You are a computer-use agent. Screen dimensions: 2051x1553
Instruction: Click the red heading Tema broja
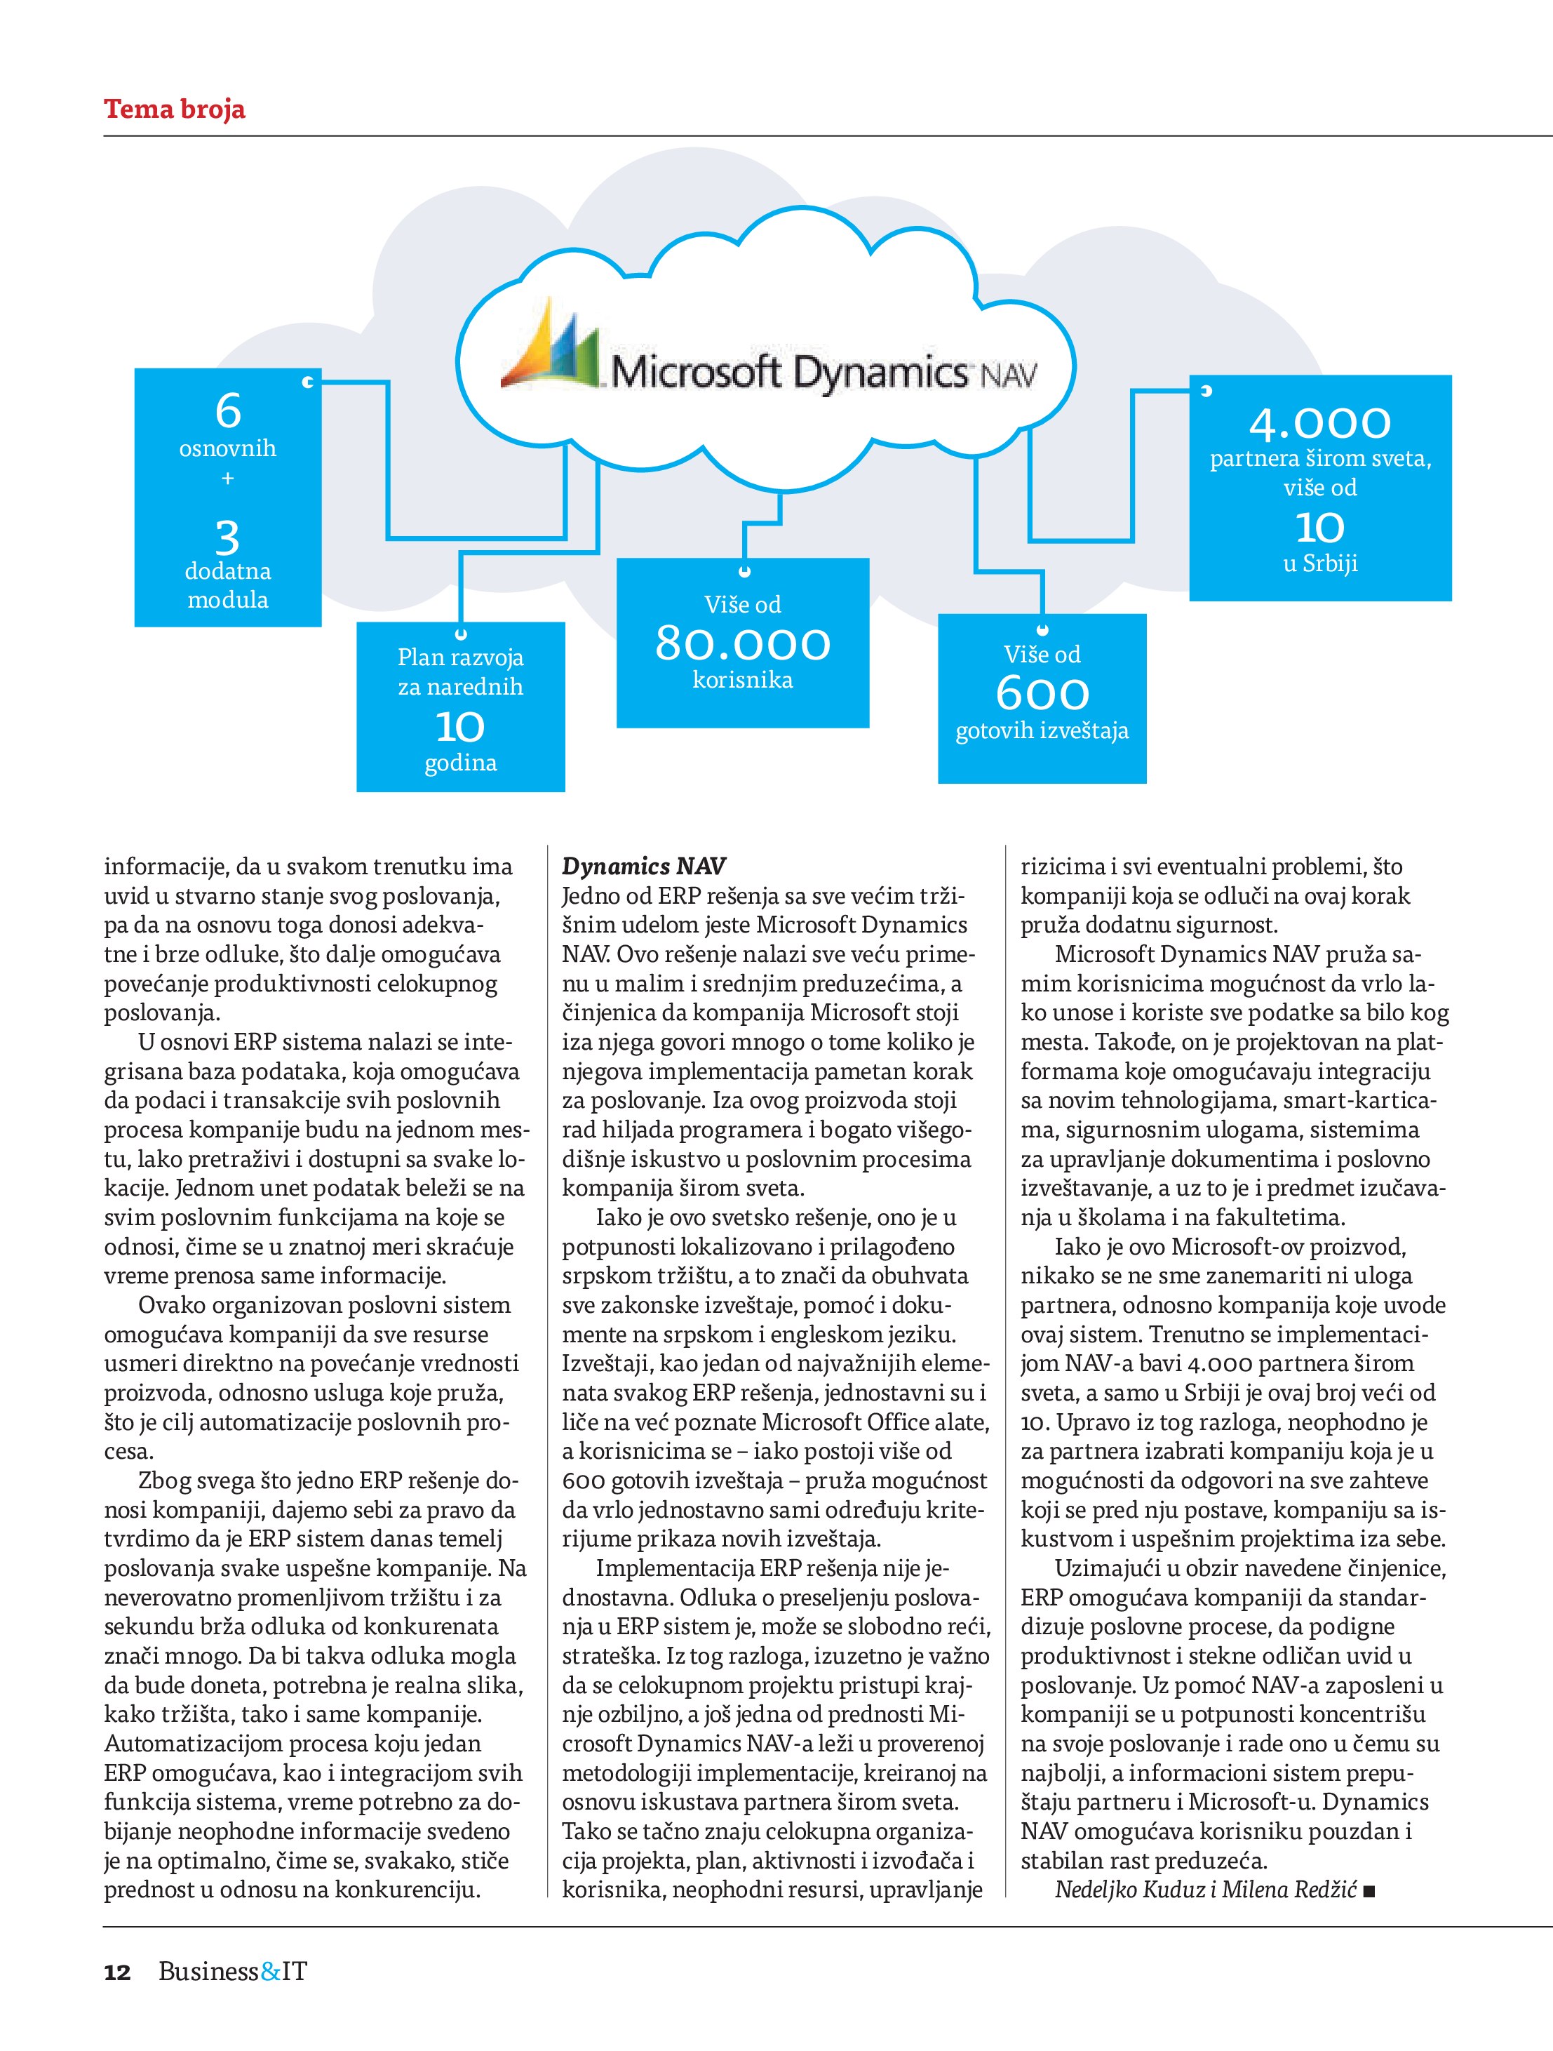174,109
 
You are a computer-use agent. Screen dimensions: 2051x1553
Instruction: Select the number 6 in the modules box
228,410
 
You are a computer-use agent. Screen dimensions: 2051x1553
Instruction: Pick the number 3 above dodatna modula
227,537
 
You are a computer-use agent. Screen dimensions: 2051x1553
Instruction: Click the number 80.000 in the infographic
743,643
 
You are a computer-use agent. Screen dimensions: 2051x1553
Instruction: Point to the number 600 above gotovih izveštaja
1042,693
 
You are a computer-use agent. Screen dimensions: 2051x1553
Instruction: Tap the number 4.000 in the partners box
1319,424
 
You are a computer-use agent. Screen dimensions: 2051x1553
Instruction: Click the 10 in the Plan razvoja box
460,726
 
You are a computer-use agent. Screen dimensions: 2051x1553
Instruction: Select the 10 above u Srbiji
1319,528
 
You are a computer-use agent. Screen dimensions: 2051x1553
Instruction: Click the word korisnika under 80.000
743,681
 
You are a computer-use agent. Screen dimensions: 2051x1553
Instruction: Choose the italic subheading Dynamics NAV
643,866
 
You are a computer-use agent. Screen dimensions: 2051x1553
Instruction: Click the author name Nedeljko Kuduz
1129,1889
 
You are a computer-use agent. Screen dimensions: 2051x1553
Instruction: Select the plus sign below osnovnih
228,479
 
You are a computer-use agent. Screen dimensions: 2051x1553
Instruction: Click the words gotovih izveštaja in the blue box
1042,730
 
